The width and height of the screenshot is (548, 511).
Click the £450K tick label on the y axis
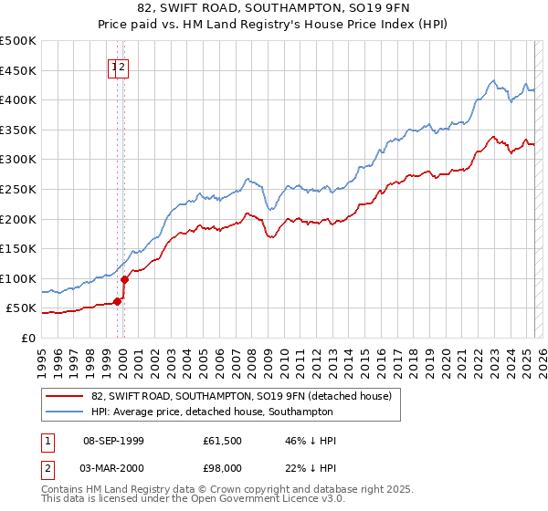pos(18,70)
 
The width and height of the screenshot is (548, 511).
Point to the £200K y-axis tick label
pos(18,219)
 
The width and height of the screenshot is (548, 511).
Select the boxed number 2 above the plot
pos(122,66)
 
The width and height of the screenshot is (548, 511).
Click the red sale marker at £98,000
pos(125,279)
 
